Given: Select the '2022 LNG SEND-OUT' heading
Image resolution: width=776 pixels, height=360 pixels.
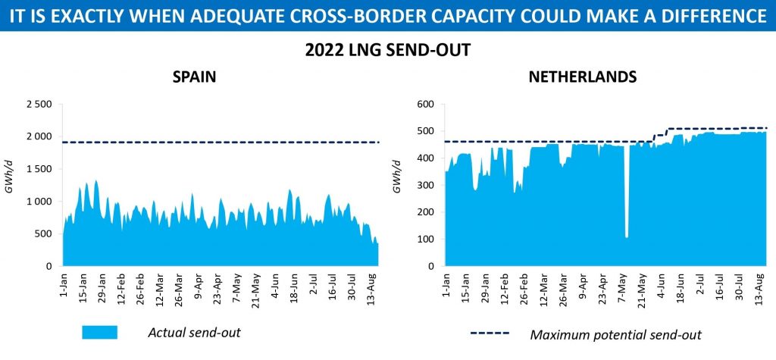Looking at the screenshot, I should [388, 52].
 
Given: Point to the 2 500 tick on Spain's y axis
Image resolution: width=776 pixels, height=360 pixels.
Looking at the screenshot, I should [38, 104].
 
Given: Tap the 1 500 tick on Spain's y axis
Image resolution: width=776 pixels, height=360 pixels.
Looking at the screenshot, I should [38, 169].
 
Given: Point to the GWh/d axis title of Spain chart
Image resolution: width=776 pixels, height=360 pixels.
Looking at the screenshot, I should [10, 184].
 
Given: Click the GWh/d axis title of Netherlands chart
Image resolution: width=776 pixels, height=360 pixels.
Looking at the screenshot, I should [396, 184].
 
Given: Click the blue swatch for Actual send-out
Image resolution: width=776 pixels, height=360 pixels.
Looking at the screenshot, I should [99, 332].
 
